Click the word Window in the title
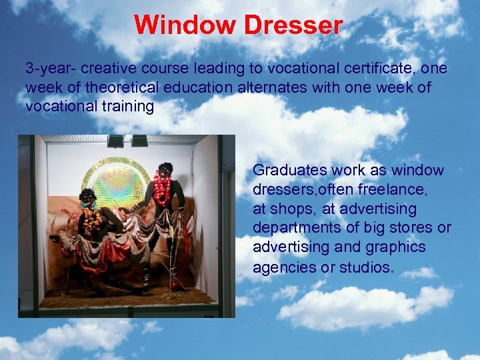coord(185,25)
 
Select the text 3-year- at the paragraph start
coord(47,69)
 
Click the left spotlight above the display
coord(115,141)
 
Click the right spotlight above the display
coord(139,141)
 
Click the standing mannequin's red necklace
coord(163,189)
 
